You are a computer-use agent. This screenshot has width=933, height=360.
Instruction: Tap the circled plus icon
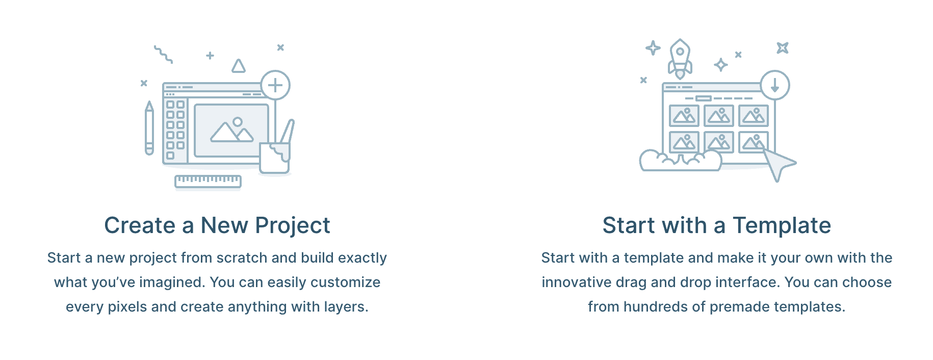275,85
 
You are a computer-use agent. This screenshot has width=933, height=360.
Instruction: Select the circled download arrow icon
775,85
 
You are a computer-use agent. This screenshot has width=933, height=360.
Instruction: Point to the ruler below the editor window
208,182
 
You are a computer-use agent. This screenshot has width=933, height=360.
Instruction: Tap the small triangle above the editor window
239,66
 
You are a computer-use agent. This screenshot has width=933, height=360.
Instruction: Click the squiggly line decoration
164,55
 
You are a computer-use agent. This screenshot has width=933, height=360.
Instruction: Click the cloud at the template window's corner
681,161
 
